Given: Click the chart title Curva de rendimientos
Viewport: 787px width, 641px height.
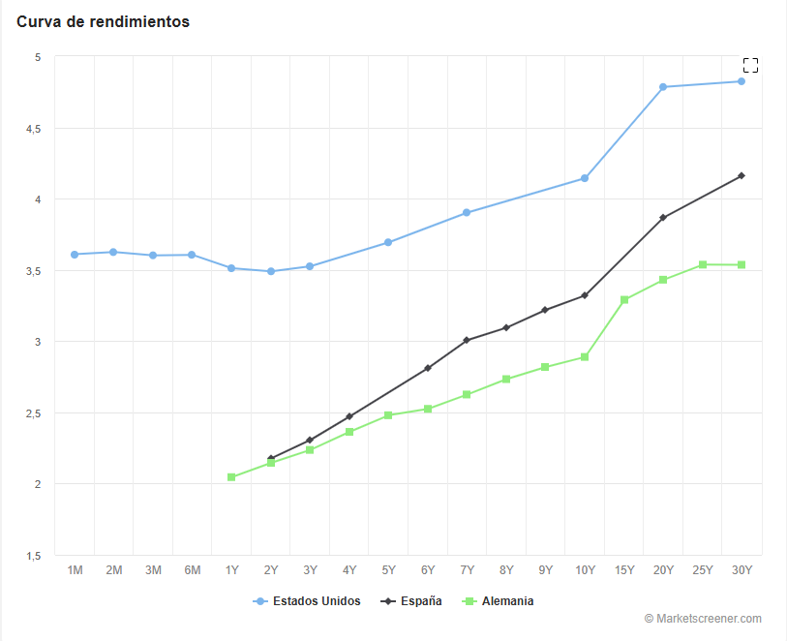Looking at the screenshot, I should (103, 21).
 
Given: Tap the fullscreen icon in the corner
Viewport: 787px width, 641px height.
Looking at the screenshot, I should (750, 66).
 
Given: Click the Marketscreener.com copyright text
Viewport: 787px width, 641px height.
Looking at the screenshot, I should (703, 619).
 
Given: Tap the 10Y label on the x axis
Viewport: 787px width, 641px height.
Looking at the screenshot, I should (585, 571).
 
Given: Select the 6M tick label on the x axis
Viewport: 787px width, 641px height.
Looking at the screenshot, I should (192, 571).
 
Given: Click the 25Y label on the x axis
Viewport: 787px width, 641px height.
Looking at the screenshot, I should (703, 571).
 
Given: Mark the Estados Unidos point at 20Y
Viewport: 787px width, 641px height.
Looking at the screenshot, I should (663, 87).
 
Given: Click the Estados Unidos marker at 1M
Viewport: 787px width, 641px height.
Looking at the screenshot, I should (75, 255).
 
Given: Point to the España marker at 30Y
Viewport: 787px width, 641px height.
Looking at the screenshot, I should (742, 175).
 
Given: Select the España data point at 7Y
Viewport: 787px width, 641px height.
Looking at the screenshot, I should (467, 340).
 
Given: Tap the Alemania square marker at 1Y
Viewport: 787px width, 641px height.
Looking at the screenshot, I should (231, 477).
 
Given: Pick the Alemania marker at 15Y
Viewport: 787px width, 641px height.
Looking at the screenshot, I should (624, 300).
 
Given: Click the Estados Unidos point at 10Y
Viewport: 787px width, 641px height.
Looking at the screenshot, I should (585, 178).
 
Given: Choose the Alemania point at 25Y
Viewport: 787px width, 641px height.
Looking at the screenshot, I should (703, 264).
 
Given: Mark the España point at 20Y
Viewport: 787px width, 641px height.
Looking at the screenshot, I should (663, 218).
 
